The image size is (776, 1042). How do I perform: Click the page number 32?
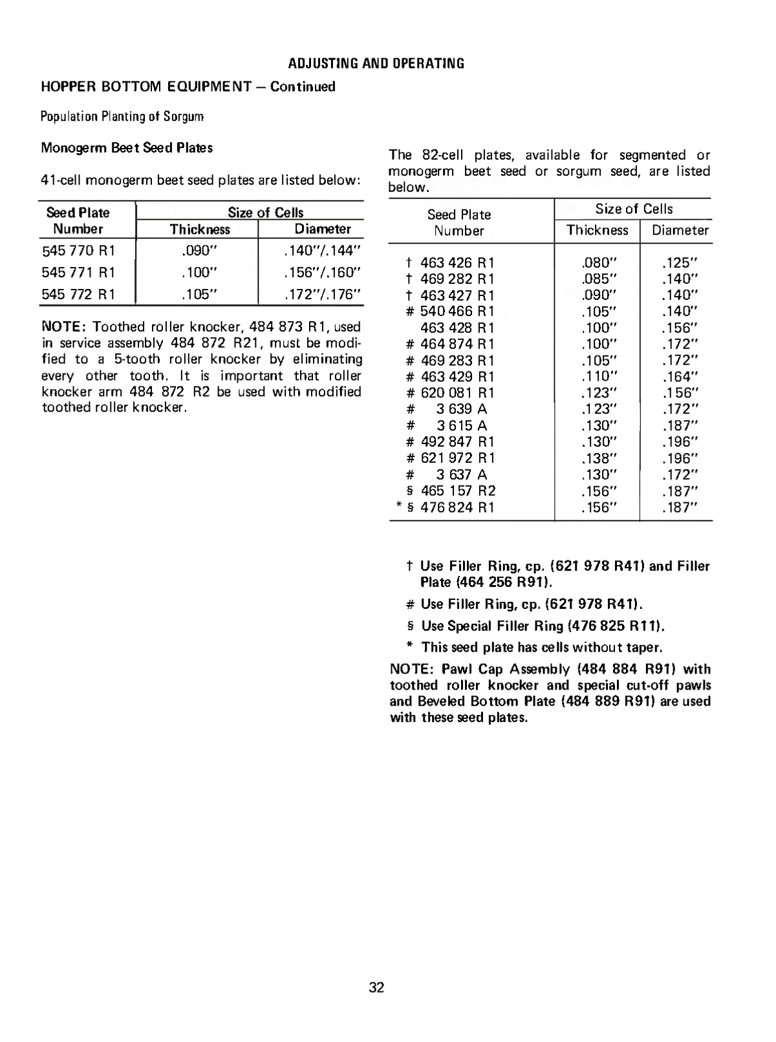(x=376, y=987)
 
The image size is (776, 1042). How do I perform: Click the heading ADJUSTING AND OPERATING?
(x=376, y=63)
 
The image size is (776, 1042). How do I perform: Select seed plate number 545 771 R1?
(x=78, y=272)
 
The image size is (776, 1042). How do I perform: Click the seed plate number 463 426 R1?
(x=457, y=262)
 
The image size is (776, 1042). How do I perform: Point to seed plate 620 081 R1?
(x=457, y=393)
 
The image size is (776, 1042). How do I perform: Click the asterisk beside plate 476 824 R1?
(x=398, y=506)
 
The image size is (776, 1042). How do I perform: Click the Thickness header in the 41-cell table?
(x=200, y=229)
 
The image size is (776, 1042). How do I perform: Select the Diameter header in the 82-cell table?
(x=680, y=230)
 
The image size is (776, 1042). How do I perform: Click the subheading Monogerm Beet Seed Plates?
(x=127, y=147)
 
